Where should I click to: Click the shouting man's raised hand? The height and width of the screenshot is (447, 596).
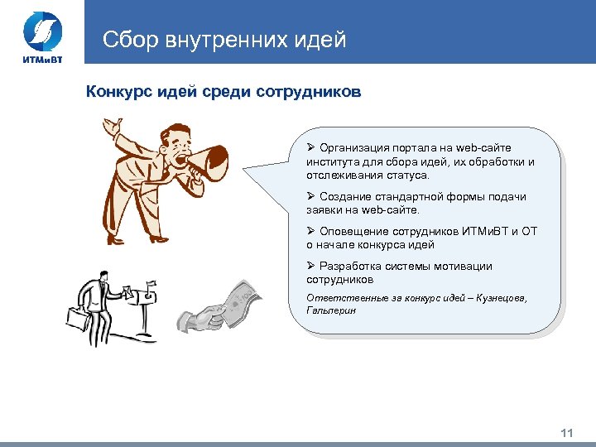[111, 128]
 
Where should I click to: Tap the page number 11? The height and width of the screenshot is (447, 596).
[567, 433]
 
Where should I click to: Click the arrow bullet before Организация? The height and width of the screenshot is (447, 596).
[310, 148]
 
